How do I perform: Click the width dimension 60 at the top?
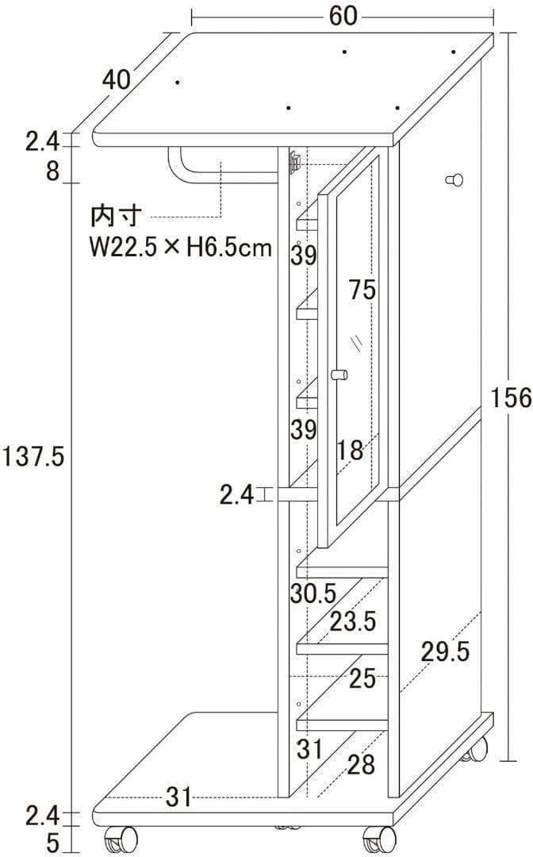point(343,16)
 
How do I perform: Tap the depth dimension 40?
point(117,80)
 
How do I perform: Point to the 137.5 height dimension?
point(33,455)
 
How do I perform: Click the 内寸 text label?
point(117,216)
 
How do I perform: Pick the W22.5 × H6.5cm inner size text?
point(180,248)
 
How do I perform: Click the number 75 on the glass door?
point(362,290)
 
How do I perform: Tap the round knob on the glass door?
point(339,375)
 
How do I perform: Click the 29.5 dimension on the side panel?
point(445,651)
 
